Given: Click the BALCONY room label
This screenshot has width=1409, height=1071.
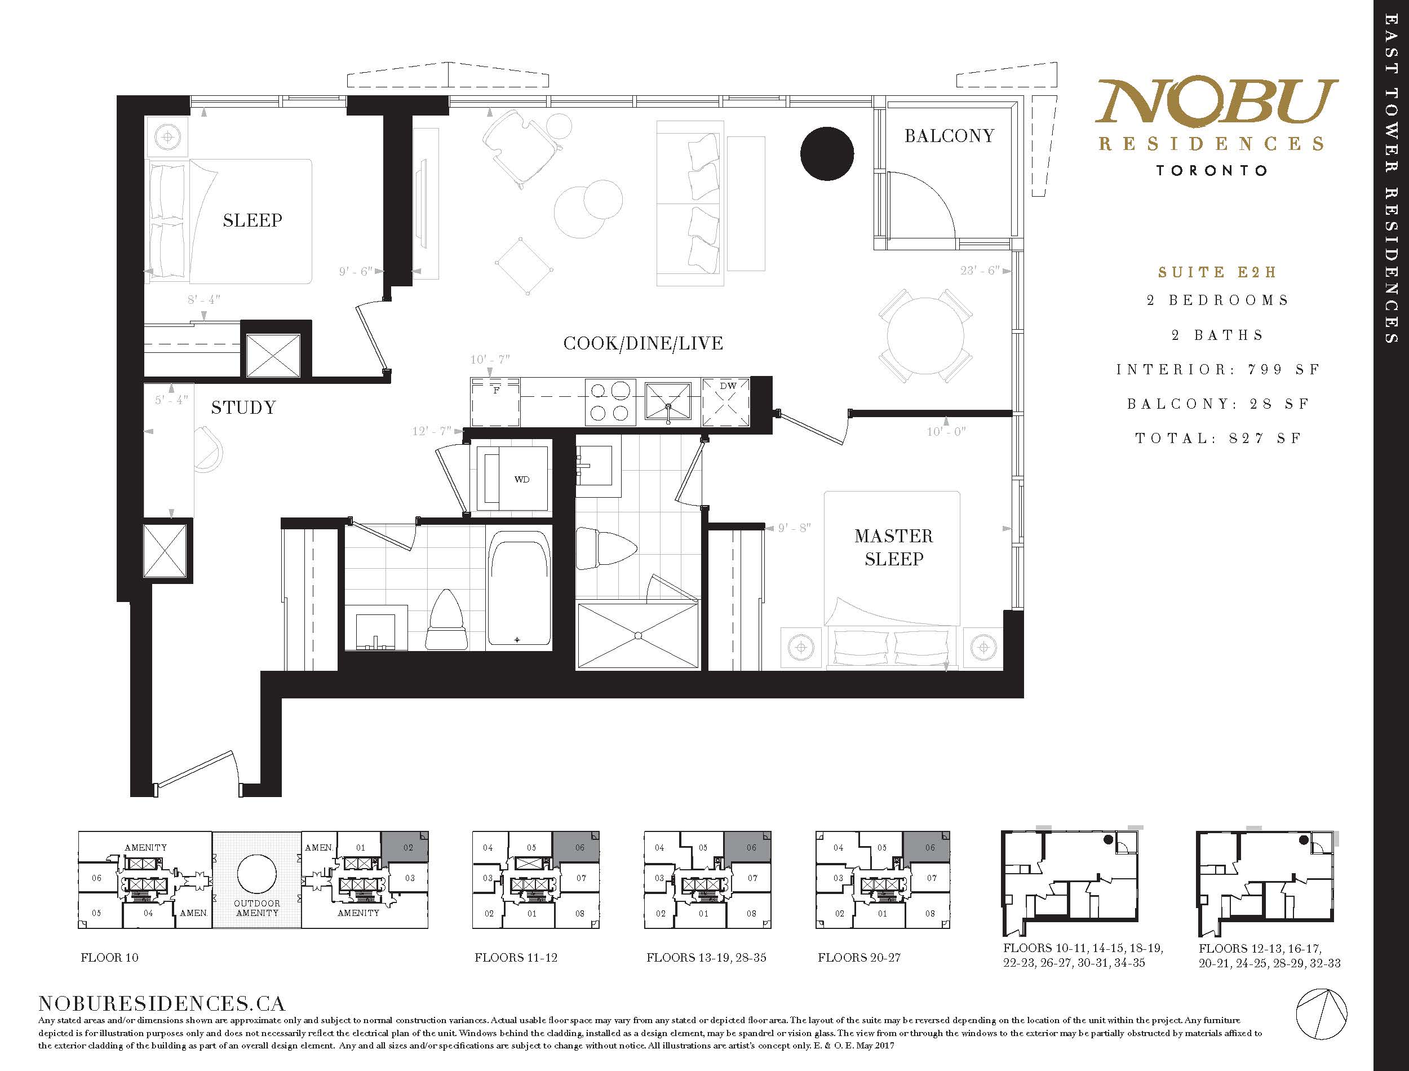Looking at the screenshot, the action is (x=949, y=136).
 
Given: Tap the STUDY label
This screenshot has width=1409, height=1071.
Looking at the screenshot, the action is (x=243, y=408).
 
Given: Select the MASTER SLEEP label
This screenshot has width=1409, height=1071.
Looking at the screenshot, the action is (x=893, y=547).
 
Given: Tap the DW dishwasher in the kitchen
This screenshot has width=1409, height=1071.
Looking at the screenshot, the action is (x=726, y=401).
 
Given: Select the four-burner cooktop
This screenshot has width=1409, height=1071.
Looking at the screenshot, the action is (x=610, y=401).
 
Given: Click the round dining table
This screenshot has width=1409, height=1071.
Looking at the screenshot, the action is (x=925, y=336).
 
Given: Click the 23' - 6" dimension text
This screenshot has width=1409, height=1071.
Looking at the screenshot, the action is (x=980, y=271).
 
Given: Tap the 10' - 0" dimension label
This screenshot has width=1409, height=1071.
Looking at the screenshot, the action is (x=946, y=432).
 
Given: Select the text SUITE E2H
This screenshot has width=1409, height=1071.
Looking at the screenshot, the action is (x=1217, y=272).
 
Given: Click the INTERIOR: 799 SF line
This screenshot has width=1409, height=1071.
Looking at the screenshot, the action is (x=1218, y=370).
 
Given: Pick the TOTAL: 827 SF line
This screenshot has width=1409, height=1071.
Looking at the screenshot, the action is (x=1218, y=439).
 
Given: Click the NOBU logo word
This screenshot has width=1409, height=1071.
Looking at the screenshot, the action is (x=1216, y=102).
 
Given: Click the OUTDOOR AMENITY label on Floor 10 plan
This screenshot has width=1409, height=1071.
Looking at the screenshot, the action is (x=257, y=908).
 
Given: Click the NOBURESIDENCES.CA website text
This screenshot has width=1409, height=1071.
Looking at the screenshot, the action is (x=162, y=1003).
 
